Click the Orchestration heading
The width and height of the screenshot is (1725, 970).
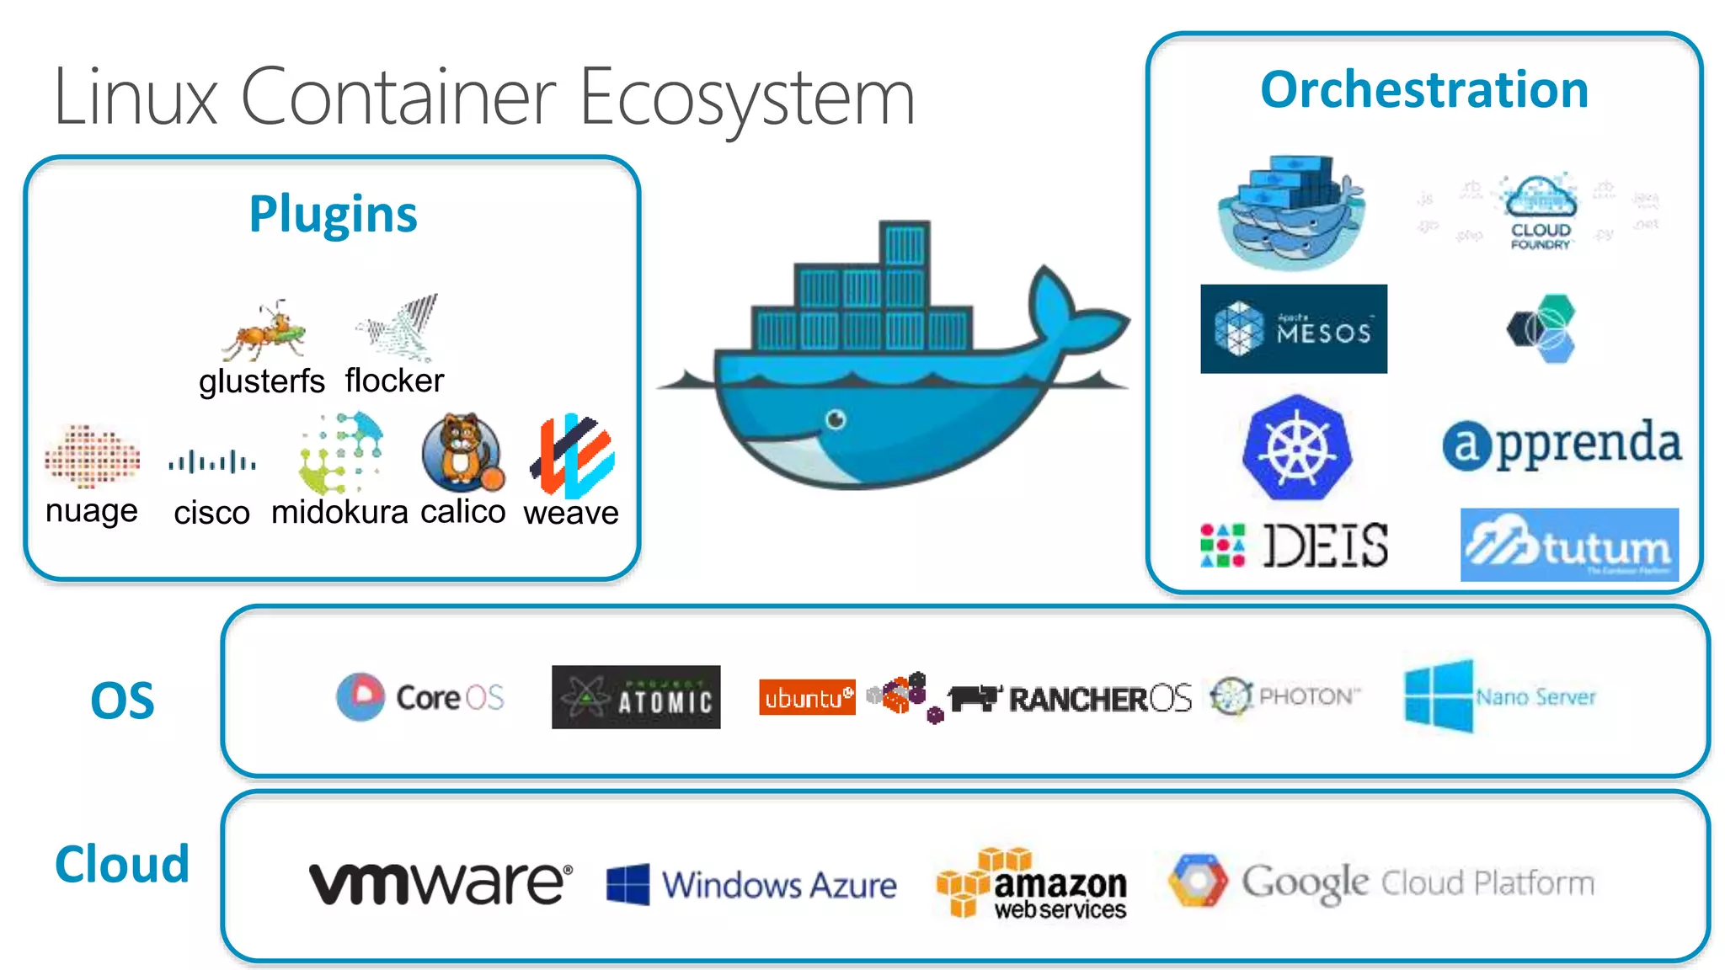[1424, 90]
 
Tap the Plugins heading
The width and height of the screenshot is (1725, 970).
[333, 214]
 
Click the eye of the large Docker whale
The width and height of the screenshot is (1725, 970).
[836, 418]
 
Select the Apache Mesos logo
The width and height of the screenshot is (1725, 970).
[1293, 329]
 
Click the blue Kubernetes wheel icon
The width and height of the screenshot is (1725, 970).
[1296, 448]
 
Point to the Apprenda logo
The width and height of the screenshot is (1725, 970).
[1562, 444]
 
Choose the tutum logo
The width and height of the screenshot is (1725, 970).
[1569, 545]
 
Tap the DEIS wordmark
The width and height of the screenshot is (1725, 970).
[1325, 546]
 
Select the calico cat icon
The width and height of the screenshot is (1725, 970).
[462, 453]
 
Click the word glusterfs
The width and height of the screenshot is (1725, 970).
[261, 381]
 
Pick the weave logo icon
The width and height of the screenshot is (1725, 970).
[573, 456]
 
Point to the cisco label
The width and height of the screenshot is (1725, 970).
[211, 512]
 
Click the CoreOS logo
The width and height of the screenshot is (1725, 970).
[419, 697]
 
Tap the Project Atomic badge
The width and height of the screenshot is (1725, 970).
[636, 697]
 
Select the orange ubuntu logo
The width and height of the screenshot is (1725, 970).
[806, 697]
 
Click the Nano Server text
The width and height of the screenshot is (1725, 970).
[1535, 697]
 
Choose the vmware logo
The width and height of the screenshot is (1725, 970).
[440, 883]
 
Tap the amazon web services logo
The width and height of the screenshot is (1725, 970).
[1033, 883]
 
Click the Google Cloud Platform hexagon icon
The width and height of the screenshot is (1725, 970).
[1198, 881]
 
